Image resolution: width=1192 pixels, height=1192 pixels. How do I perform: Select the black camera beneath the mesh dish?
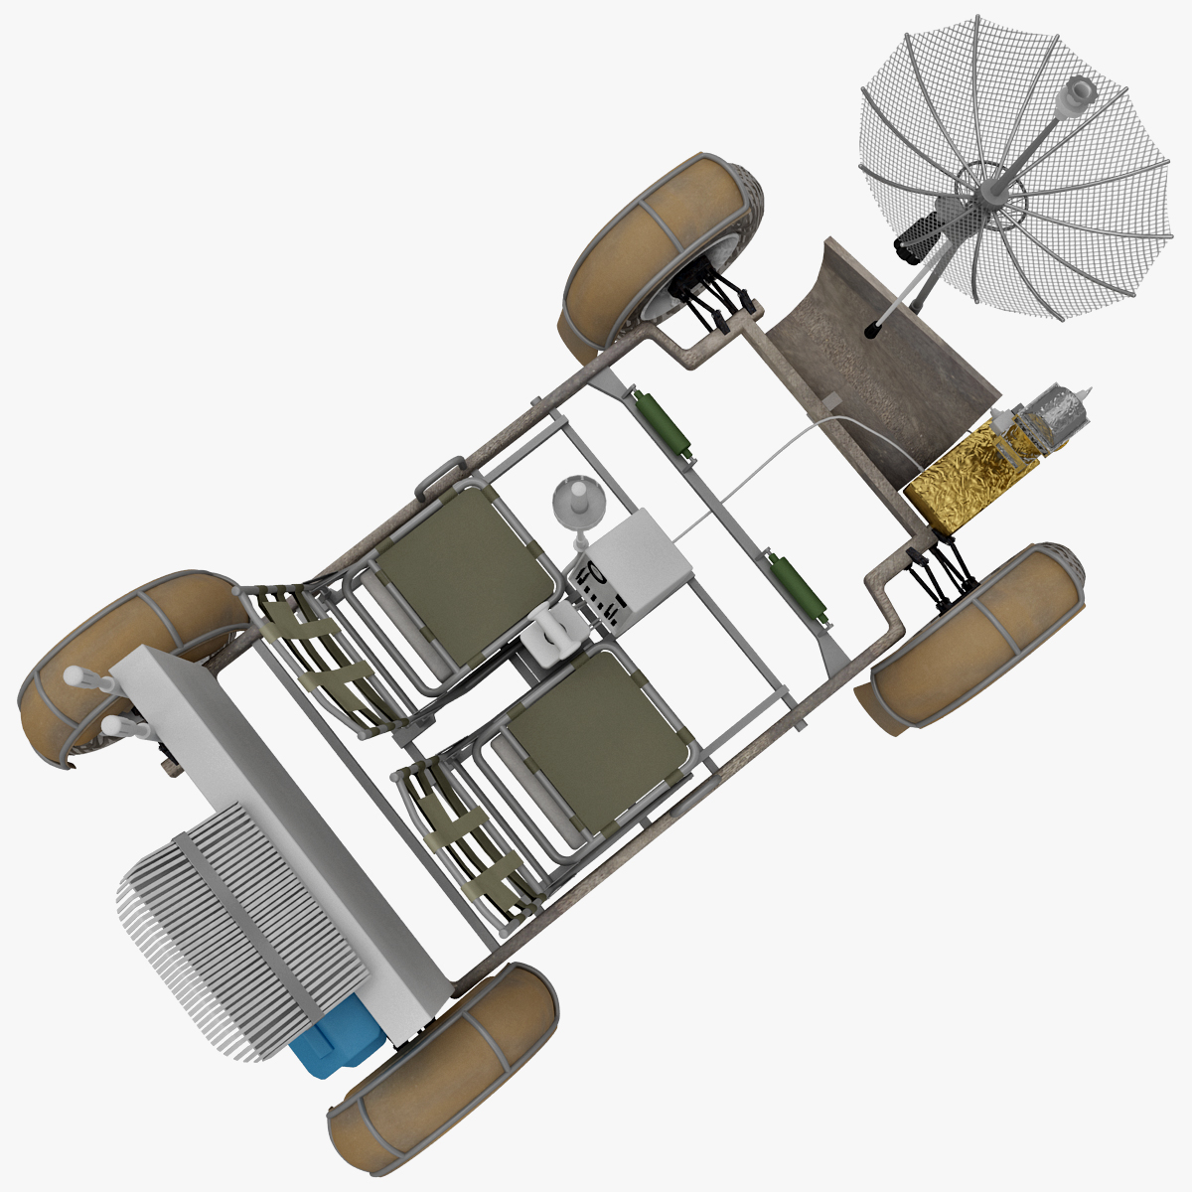919,235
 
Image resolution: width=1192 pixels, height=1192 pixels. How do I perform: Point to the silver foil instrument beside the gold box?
1053,417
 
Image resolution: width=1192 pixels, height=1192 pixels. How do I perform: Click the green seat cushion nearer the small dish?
467,566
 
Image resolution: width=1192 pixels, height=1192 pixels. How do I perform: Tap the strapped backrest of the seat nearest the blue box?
462,834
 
